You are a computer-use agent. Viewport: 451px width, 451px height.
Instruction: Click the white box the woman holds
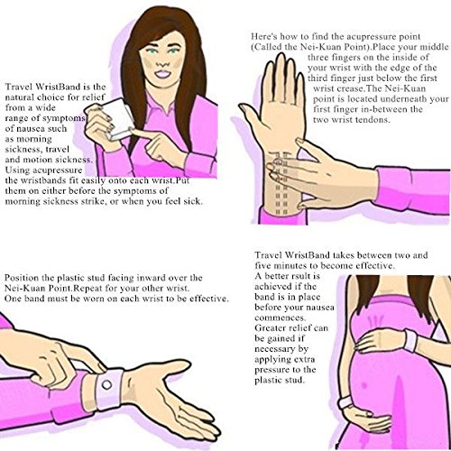(x=115, y=119)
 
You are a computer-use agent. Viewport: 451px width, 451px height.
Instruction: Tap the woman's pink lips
(x=164, y=74)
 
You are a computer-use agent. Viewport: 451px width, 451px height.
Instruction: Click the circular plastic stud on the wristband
(x=106, y=384)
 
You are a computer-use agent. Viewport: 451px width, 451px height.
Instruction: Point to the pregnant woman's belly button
(x=364, y=385)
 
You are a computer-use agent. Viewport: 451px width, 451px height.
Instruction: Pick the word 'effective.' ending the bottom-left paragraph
(x=209, y=299)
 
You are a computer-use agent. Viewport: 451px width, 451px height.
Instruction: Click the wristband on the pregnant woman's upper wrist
(x=410, y=340)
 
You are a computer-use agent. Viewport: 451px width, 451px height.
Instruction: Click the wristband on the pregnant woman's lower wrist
(x=345, y=402)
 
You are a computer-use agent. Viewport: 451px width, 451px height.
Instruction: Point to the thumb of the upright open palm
(x=251, y=115)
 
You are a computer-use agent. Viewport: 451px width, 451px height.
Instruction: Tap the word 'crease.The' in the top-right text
(x=356, y=88)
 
